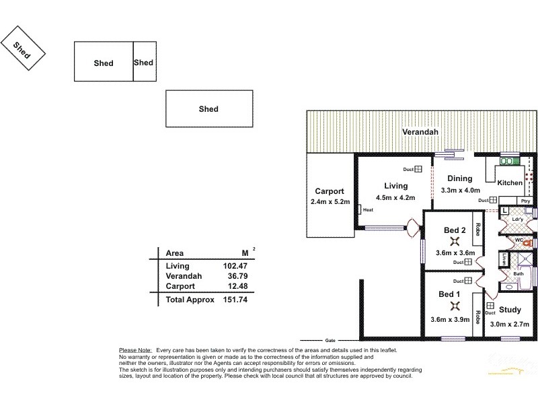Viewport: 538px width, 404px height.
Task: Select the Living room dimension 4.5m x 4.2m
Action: pos(395,197)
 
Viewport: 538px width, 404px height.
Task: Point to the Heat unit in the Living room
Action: pos(367,209)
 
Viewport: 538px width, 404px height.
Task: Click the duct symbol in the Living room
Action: pos(418,170)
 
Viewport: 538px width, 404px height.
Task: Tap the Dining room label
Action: pos(457,179)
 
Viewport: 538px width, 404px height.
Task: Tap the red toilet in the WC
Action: pos(527,242)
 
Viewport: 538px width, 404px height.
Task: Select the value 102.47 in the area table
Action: pos(229,266)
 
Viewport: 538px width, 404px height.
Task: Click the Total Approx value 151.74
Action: pos(229,298)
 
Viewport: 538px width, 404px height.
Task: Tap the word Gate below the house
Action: pos(330,339)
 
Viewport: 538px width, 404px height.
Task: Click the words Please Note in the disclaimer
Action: pos(134,351)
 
